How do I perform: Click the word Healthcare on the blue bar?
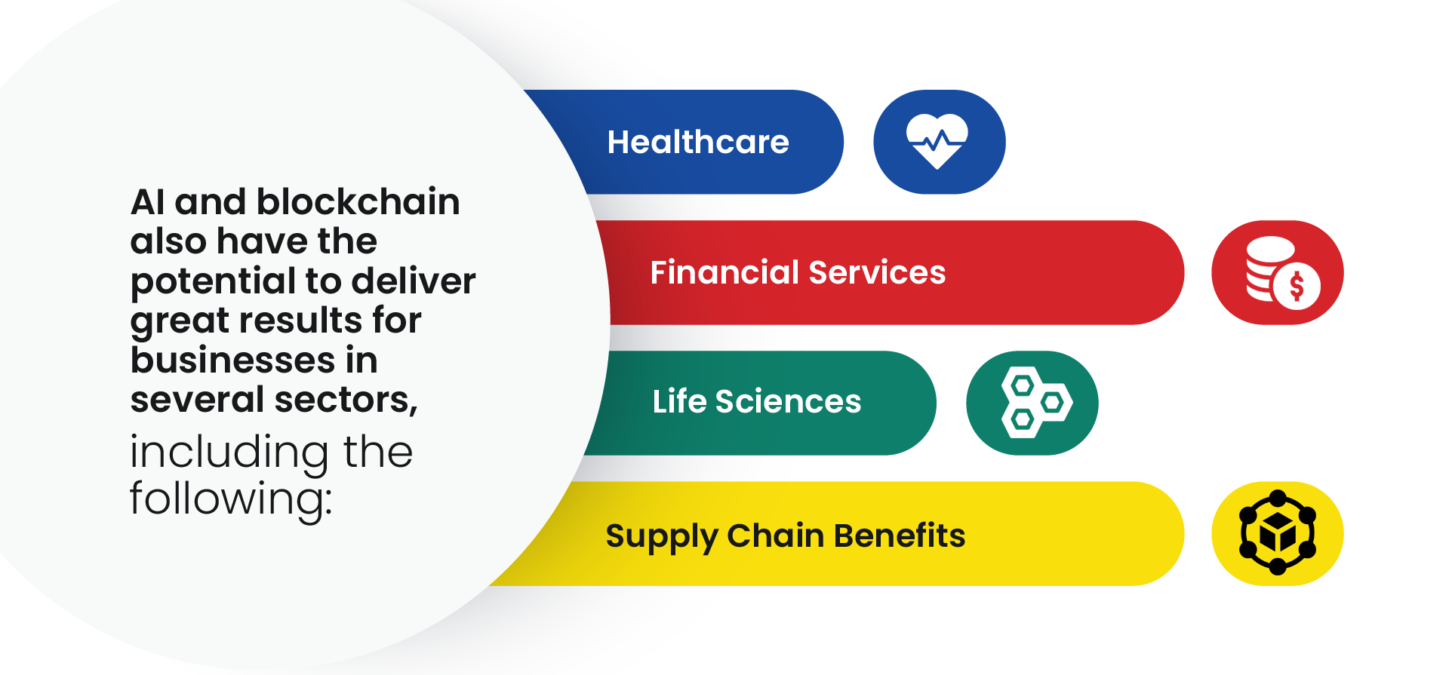(698, 142)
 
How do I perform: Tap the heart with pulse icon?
(937, 141)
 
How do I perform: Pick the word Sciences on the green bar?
(788, 401)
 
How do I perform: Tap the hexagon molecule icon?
(1036, 403)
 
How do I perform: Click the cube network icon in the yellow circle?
(1278, 533)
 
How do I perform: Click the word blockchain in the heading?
(358, 202)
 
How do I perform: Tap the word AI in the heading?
(147, 202)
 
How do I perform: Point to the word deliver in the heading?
(414, 281)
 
